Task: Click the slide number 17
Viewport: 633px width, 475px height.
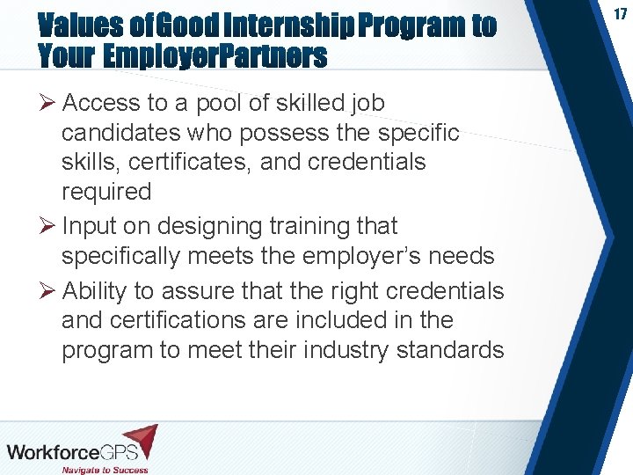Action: [619, 15]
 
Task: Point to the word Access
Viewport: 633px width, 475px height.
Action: [101, 103]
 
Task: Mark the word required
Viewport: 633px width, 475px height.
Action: [106, 192]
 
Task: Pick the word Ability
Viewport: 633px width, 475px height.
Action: [94, 290]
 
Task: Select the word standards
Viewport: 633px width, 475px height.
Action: [450, 350]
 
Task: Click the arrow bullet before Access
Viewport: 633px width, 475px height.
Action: [48, 104]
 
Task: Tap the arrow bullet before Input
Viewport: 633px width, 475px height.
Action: [48, 227]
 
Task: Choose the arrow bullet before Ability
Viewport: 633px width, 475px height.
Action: [48, 291]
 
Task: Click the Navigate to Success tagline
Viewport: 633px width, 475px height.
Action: [105, 469]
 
